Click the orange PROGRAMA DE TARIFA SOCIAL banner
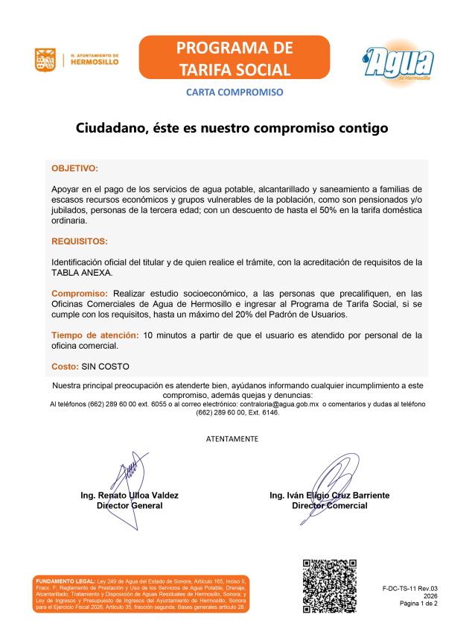[x=234, y=59]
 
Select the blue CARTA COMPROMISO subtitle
[x=234, y=92]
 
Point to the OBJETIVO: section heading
[x=74, y=168]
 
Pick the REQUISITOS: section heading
[x=80, y=241]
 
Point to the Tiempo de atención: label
[x=95, y=335]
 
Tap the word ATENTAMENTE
[x=232, y=438]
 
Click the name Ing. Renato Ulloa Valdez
[x=130, y=495]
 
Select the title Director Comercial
[x=329, y=505]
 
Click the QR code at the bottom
[x=328, y=586]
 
